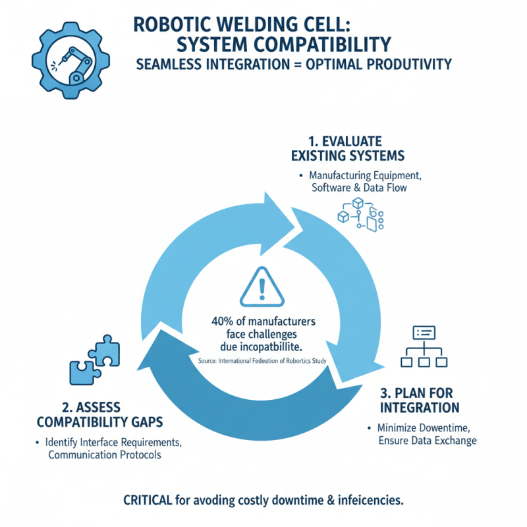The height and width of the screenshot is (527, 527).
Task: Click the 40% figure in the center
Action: (227, 321)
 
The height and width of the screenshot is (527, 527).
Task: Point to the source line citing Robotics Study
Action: (263, 362)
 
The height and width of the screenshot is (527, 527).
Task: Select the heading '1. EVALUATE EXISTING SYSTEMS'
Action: (347, 148)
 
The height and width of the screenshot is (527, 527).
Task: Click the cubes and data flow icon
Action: (360, 215)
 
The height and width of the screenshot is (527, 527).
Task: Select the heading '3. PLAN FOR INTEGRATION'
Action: (420, 399)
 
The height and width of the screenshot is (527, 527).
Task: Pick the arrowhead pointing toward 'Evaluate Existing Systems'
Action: (280, 211)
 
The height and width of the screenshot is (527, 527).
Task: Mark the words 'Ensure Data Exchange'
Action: (428, 441)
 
